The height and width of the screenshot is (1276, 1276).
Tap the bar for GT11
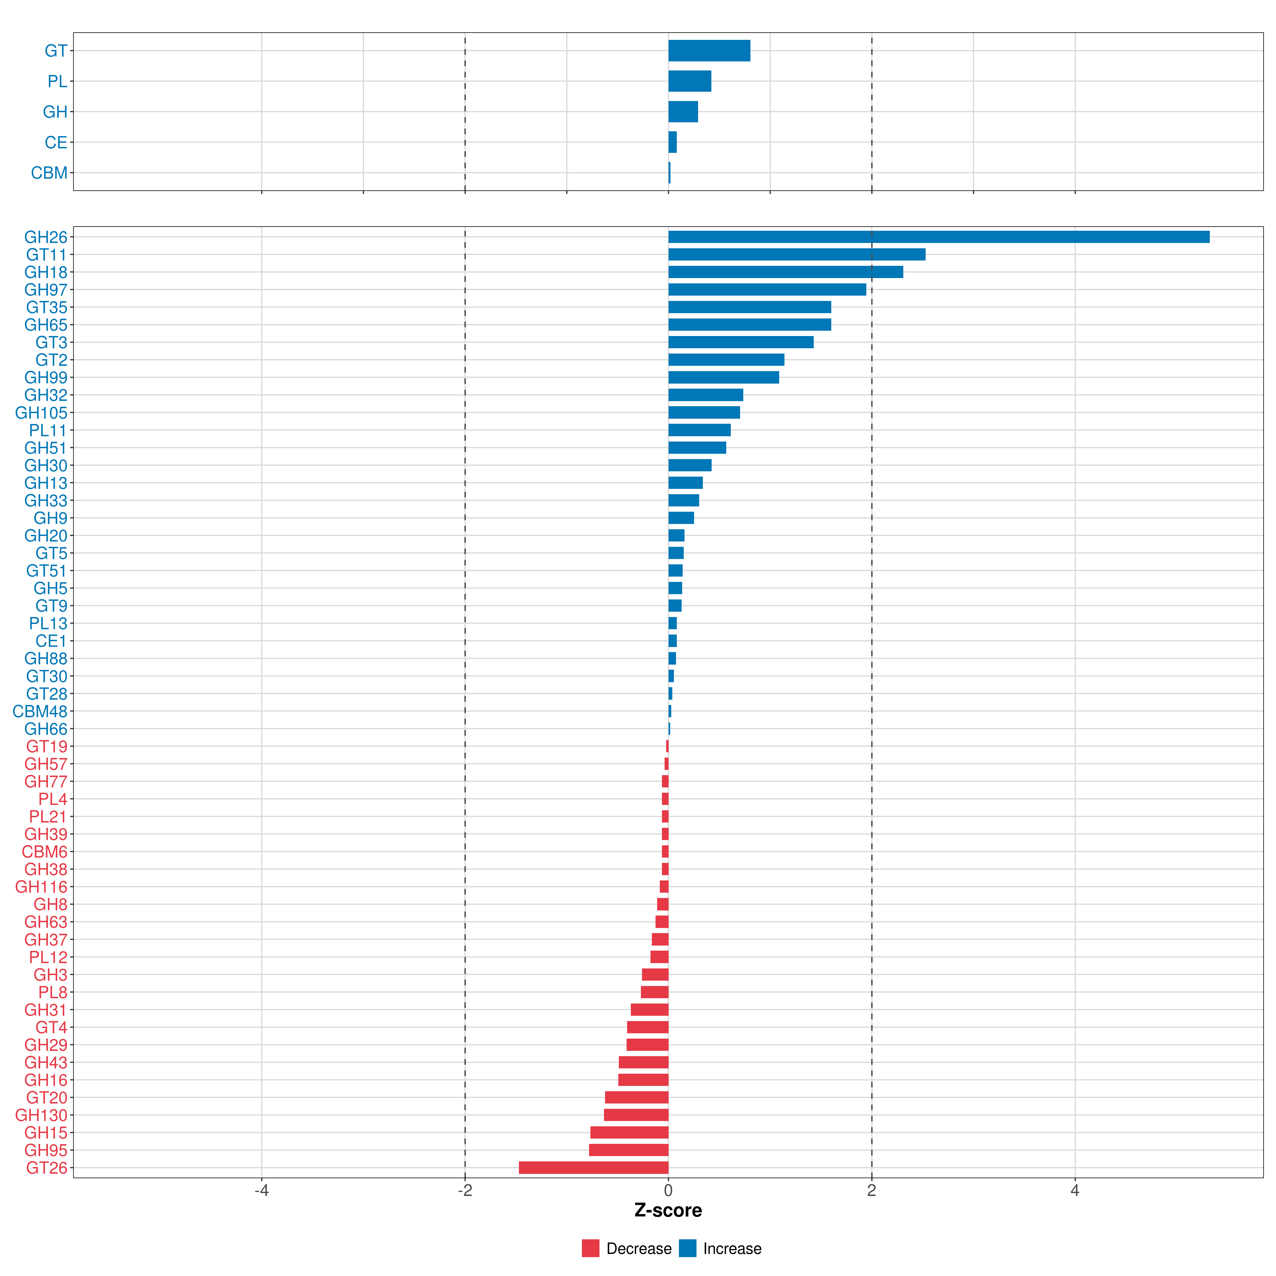click(796, 254)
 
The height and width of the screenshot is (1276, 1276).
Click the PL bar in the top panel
click(690, 81)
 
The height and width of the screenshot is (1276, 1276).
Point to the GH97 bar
click(767, 289)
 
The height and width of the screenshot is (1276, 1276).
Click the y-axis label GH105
click(41, 413)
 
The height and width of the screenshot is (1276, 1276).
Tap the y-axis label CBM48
click(40, 711)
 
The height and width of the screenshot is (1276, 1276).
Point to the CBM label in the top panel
click(49, 173)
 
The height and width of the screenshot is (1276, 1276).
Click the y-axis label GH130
click(41, 1115)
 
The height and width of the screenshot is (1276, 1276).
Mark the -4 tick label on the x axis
click(262, 1191)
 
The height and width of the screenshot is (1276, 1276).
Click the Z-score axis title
click(668, 1211)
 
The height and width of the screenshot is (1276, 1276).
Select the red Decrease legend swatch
click(590, 1248)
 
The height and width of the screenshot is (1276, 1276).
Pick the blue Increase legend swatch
click(687, 1248)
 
